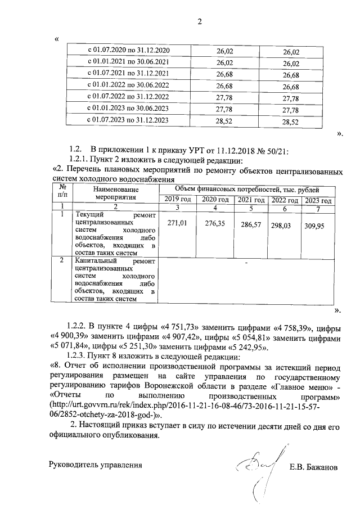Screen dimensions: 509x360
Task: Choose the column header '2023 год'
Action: click(x=318, y=200)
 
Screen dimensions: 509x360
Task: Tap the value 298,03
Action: click(x=283, y=224)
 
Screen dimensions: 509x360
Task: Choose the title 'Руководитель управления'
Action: click(x=92, y=465)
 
